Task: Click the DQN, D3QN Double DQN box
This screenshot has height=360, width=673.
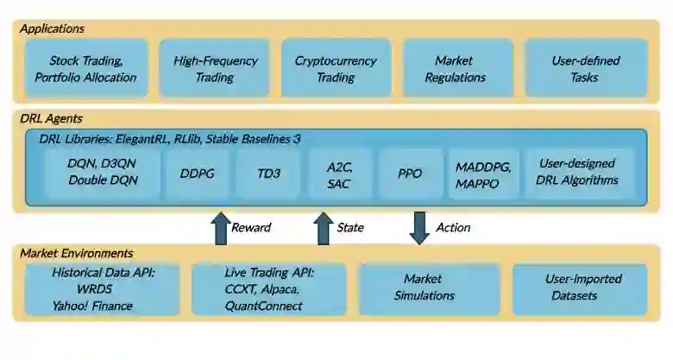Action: coord(103,173)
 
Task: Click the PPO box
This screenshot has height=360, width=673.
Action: coord(410,173)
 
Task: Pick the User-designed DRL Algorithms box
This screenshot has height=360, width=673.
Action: coord(576,173)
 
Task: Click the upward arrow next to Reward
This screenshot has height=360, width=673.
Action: coord(219,228)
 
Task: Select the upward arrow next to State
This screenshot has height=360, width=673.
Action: coord(323,228)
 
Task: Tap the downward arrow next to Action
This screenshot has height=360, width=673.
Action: coord(419,228)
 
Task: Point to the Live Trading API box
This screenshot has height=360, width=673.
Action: coord(267,290)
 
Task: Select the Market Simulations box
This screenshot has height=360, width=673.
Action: coord(429,288)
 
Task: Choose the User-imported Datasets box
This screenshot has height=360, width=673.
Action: coord(579,288)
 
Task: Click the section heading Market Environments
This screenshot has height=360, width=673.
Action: coord(77,253)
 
